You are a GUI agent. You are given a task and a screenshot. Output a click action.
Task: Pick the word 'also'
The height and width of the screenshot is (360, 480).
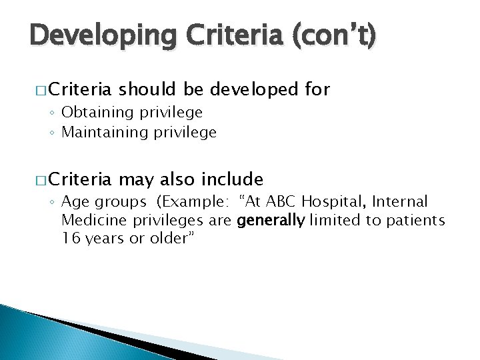click(177, 179)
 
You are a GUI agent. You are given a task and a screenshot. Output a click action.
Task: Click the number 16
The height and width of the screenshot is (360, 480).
click(69, 239)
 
